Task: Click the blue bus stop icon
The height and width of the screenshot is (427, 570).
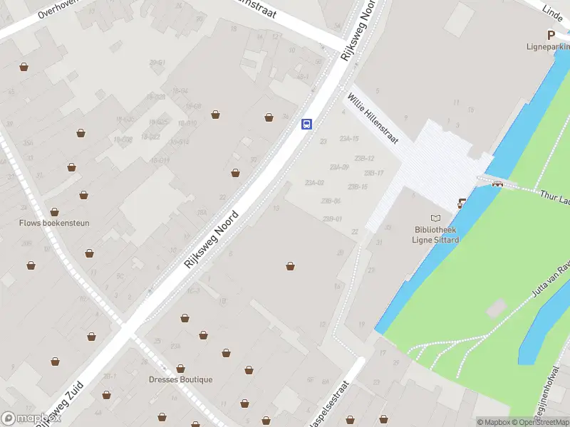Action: (x=307, y=124)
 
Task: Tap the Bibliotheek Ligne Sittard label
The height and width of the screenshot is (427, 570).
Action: (x=436, y=234)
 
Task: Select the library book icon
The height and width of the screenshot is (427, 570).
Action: (x=436, y=218)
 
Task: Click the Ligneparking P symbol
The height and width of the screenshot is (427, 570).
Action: (x=551, y=35)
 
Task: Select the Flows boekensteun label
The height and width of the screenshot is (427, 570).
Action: (x=54, y=223)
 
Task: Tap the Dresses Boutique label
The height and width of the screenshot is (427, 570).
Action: (x=180, y=379)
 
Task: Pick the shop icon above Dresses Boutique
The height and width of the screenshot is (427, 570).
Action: (x=181, y=368)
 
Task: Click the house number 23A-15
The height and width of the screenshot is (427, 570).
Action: (x=349, y=138)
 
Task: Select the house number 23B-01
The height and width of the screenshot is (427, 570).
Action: (x=332, y=218)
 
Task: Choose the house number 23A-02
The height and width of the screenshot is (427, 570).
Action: (x=314, y=183)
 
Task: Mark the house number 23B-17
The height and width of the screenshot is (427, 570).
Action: (x=374, y=173)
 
